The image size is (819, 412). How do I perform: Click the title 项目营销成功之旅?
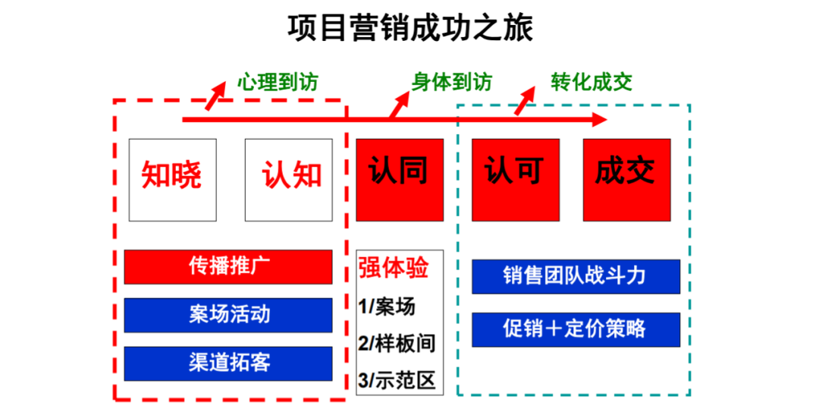pos(410,28)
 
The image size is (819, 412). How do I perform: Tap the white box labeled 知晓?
pos(172,180)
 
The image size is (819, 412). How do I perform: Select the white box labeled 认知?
pos(288,180)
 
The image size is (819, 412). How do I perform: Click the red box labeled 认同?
pos(400,180)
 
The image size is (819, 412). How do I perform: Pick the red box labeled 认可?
pos(516,180)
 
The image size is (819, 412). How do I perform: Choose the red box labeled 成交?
pos(627,180)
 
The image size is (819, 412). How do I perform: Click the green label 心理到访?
pos(278,83)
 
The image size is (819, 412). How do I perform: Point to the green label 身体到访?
pos(452,83)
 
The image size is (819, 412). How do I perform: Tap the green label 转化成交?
pos(591,83)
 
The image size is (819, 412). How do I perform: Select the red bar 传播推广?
pos(228,266)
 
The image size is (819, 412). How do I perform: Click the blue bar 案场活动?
pos(228,315)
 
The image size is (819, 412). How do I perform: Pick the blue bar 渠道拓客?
pos(228,363)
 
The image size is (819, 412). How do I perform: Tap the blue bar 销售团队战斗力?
pos(576,277)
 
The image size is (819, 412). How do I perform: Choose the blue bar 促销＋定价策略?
pos(576,329)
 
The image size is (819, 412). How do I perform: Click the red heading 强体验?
pos(394,268)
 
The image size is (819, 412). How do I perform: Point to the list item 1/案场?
pos(387,307)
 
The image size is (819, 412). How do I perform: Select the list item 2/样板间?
pos(397,344)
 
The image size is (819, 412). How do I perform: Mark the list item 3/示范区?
pos(397,380)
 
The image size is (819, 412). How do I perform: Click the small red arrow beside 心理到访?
pos(215,96)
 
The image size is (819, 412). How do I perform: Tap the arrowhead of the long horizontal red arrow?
pos(600,120)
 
